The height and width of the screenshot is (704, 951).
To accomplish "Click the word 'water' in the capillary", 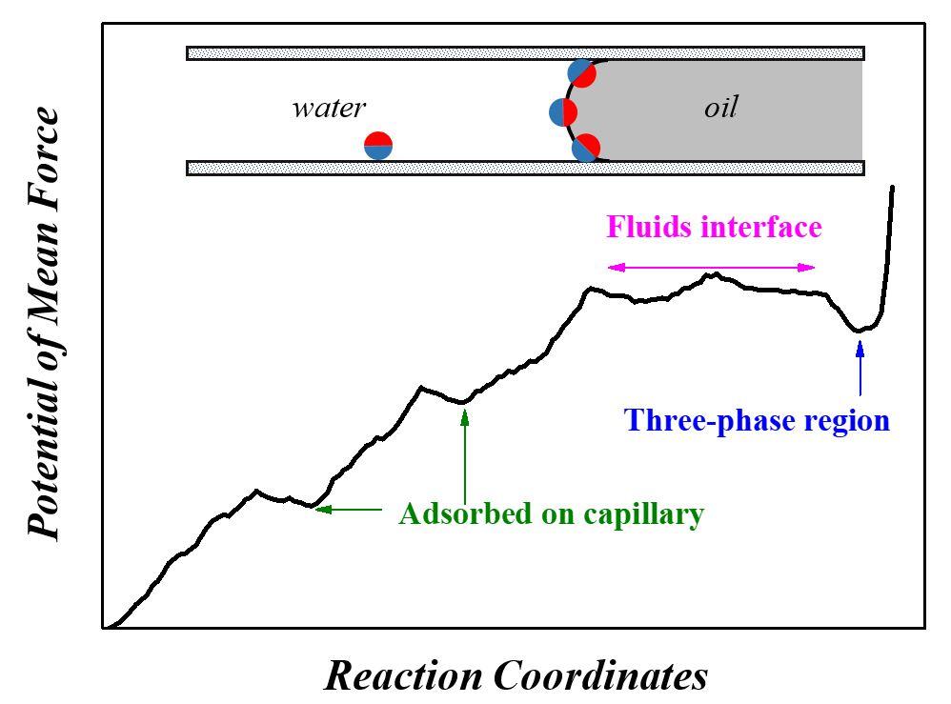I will click(x=328, y=108).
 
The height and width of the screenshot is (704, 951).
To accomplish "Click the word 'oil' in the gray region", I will click(x=720, y=108).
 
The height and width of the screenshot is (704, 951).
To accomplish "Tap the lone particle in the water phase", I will click(x=378, y=145).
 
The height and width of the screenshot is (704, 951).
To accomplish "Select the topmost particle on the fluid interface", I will click(x=581, y=72).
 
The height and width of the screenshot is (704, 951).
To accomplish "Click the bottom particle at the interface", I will click(x=585, y=148).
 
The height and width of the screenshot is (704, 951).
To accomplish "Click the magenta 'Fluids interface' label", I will click(x=714, y=228).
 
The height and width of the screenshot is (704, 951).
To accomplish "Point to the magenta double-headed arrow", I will click(x=712, y=268).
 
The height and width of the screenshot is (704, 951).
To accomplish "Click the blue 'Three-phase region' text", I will click(x=757, y=420).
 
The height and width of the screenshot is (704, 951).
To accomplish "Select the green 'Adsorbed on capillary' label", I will click(x=551, y=514).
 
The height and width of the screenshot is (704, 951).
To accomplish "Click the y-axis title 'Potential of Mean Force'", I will click(x=44, y=324).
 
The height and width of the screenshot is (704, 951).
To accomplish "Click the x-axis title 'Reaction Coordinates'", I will click(x=516, y=675).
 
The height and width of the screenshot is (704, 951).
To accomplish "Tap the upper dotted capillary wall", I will click(x=525, y=53).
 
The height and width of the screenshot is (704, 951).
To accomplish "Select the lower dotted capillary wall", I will click(x=525, y=169).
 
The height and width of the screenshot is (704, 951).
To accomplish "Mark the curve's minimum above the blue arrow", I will click(x=860, y=331).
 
